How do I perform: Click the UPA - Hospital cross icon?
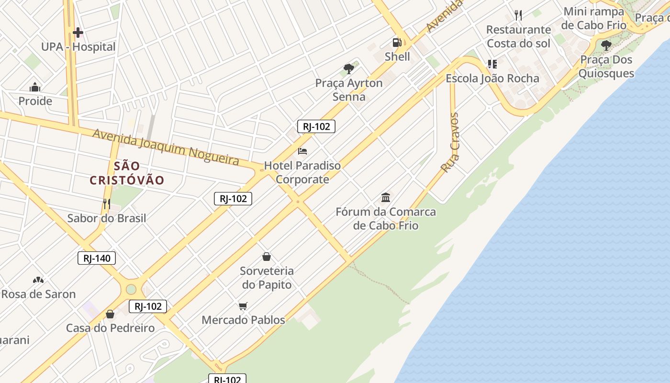78,33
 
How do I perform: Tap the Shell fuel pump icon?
397,42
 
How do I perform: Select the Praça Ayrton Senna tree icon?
349,69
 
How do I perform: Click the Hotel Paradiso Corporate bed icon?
302,151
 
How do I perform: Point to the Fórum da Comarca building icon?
386,197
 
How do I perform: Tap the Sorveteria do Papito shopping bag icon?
267,257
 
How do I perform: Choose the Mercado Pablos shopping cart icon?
243,306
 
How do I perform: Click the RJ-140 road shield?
97,259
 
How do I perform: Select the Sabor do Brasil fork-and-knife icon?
106,204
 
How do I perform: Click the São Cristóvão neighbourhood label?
127,173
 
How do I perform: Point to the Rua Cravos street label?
450,143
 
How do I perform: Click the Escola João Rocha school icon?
492,64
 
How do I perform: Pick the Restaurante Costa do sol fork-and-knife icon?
518,15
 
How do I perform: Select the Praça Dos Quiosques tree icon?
606,46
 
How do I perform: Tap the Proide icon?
35,87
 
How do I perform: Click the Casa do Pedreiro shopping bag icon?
110,314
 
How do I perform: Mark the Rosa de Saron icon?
38,280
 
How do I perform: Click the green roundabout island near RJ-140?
131,289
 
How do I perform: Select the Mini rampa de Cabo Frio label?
594,18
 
